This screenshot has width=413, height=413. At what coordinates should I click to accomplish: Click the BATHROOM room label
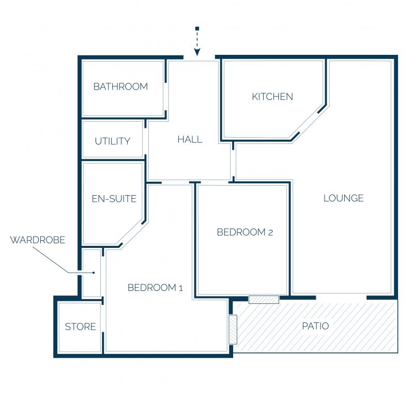pos(120,87)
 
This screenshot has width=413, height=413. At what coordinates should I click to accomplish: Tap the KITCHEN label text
pos(272,97)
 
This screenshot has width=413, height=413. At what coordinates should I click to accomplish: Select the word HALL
pos(190,139)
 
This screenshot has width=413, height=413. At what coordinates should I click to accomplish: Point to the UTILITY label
pos(112,141)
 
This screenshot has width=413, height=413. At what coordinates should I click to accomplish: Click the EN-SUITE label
pos(114,199)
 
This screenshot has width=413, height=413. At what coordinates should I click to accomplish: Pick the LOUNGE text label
pos(343,198)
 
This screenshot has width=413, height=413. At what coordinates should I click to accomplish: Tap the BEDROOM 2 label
pos(244,232)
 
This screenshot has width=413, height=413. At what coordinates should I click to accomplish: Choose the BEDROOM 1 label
pos(155,288)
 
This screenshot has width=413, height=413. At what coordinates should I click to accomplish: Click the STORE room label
pos(80,327)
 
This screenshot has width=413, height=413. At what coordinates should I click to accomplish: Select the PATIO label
pos(315,327)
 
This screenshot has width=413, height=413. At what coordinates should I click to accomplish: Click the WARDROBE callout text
pos(38,240)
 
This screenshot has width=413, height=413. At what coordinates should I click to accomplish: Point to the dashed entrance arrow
pos(197,41)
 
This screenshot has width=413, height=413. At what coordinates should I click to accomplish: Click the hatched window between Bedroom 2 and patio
pos(264,300)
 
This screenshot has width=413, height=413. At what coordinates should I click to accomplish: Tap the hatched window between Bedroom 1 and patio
pos(233,330)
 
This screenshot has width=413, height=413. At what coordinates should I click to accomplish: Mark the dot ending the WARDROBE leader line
pos(94,273)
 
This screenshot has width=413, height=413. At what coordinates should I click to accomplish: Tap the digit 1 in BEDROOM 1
pos(180,288)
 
